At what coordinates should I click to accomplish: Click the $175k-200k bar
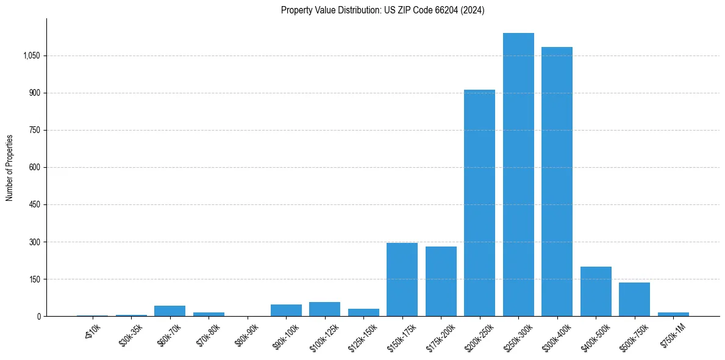441,281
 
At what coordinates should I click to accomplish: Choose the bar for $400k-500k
596,292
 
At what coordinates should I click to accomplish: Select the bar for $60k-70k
170,311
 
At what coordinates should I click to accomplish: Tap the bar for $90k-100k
286,310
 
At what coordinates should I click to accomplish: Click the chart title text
382,10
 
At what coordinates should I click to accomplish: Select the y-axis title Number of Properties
10,167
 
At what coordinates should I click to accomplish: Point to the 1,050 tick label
32,56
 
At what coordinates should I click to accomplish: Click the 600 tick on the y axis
35,167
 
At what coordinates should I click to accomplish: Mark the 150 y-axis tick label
35,279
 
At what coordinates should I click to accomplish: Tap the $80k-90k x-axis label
246,334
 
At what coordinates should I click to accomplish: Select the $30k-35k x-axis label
131,334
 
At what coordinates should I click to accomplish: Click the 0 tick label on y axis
38,316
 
